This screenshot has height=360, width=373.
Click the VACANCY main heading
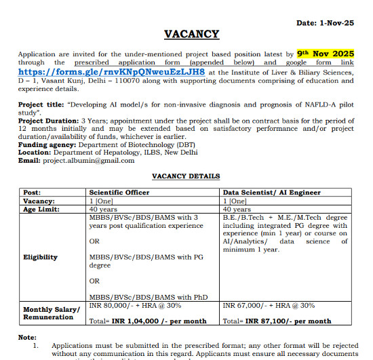click(191, 35)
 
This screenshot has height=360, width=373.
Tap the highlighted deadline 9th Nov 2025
click(326, 53)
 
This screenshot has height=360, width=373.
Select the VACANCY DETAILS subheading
click(185, 176)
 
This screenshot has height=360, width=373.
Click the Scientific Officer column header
click(119, 193)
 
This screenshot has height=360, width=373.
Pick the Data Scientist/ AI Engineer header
click(271, 193)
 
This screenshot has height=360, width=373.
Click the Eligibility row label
click(41, 257)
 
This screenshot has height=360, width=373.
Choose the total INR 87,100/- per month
click(289, 321)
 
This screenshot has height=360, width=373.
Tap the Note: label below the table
click(28, 337)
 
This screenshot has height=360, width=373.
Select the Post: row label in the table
click(32, 193)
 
